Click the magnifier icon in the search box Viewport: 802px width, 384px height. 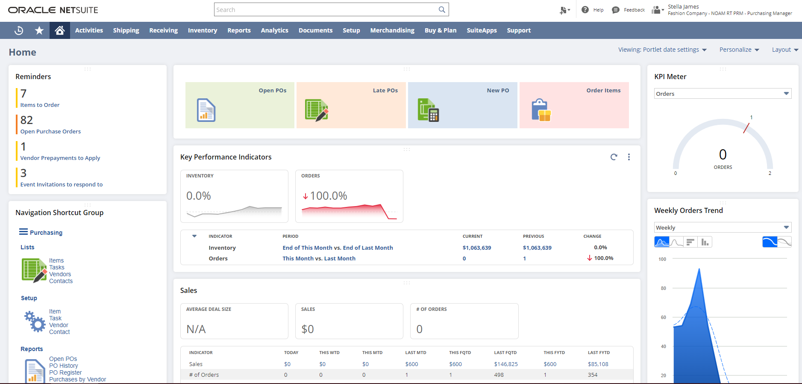pos(442,9)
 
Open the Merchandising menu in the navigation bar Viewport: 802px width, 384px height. pos(392,30)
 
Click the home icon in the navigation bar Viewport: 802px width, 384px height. pos(60,30)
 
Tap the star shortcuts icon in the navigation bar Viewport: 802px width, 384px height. pos(39,30)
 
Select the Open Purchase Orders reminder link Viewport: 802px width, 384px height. pos(50,131)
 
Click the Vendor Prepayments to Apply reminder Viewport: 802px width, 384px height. pos(60,158)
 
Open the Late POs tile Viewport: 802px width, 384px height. pos(351,105)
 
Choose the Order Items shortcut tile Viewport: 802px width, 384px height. pos(574,105)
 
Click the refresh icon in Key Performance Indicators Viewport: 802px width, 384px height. pos(614,157)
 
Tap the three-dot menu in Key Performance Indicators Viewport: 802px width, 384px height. pos(629,157)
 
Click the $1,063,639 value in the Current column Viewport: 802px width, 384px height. pos(476,248)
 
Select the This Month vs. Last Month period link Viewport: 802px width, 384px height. pos(319,258)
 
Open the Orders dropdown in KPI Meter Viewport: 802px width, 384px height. pos(723,94)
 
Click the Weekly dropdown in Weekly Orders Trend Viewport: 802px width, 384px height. pos(723,227)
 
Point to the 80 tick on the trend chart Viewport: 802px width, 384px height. pos(663,288)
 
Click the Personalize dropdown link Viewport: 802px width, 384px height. pos(739,50)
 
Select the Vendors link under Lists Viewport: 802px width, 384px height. pos(60,274)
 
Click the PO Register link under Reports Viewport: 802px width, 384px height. pos(65,372)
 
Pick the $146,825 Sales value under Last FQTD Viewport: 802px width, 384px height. pos(505,364)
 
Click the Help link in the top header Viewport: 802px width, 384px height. pos(598,10)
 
